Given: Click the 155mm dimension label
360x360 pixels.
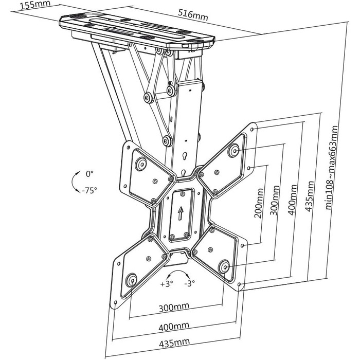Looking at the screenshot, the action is pos(35,5).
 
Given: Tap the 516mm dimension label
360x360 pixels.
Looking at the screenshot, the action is pos(193,15).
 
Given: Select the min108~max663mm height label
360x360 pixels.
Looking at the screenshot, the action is pos(332,168).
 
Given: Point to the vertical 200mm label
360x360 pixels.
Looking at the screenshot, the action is pos(259,203).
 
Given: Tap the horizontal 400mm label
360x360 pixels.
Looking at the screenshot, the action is pos(174,326).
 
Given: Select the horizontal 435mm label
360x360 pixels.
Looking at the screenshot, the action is pos(174,343).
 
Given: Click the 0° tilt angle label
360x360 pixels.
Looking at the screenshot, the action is pos(89,174).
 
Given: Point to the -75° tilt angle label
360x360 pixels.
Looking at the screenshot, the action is pos(89,190).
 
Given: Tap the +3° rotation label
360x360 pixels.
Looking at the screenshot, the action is pos(167,284).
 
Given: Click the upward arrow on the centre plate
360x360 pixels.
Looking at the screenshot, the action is pos(181,213).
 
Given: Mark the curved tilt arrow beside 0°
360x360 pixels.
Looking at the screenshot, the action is pos(73,182).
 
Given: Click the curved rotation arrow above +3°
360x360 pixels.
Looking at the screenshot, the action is pos(178,271).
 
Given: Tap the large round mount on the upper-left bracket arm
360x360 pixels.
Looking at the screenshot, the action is pos(141,164).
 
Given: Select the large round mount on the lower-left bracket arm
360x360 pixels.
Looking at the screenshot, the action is pos(131,280).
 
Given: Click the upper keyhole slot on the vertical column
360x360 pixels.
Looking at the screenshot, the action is pos(184,157).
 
